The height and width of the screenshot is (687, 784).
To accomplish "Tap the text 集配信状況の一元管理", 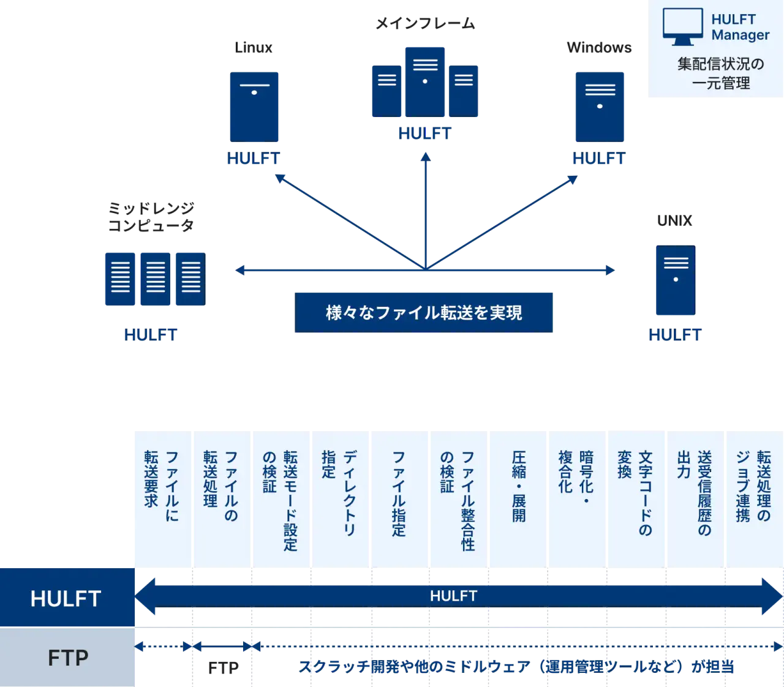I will pyautogui.click(x=720, y=73).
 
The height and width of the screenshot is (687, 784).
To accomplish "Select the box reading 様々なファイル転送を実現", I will pyautogui.click(x=423, y=312).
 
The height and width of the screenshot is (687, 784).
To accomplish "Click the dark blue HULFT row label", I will pyautogui.click(x=66, y=598).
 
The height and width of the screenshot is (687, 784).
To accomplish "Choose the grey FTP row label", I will pyautogui.click(x=67, y=658).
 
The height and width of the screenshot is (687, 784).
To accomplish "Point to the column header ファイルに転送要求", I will pyautogui.click(x=162, y=487).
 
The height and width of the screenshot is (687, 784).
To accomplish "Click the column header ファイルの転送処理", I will pyautogui.click(x=221, y=487).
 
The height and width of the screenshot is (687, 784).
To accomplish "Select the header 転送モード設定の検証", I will pyautogui.click(x=280, y=499).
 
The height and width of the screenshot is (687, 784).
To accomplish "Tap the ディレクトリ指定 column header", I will pyautogui.click(x=339, y=493).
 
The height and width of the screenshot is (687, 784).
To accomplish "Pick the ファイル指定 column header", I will pyautogui.click(x=399, y=493).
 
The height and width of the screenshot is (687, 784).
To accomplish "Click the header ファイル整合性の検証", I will pyautogui.click(x=458, y=499).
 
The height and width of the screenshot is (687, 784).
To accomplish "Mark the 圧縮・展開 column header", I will pyautogui.click(x=518, y=487).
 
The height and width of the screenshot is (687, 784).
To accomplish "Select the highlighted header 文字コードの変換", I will pyautogui.click(x=636, y=493).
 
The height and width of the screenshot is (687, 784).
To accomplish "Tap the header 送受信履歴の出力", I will pyautogui.click(x=695, y=493).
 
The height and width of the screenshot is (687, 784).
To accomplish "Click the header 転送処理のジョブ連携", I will pyautogui.click(x=754, y=487).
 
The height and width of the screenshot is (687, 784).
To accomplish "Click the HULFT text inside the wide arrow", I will pyautogui.click(x=453, y=596).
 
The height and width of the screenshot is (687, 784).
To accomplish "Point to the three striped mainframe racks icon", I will pyautogui.click(x=154, y=279).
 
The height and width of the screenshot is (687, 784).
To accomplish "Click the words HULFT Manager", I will pyautogui.click(x=739, y=27).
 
